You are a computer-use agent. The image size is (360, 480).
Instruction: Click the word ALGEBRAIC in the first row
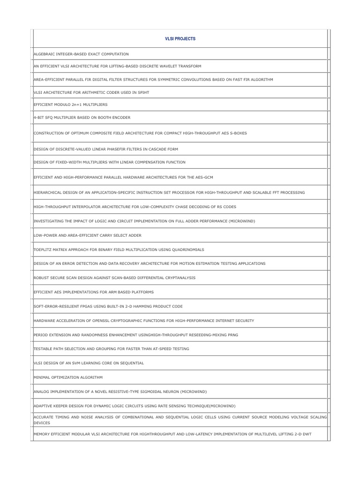45,54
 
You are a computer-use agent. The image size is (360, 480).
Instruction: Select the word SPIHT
142,92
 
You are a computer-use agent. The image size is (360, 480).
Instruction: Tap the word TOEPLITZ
43,249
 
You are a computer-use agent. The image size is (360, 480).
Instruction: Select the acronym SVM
74,363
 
